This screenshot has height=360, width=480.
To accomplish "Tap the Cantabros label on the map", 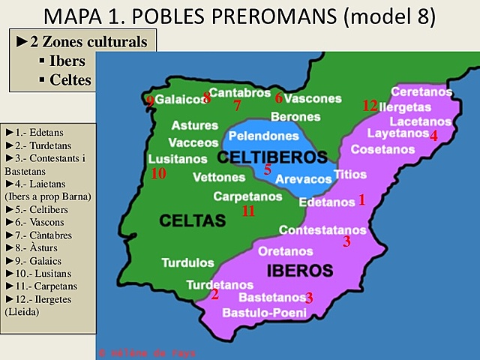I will click(x=239, y=92).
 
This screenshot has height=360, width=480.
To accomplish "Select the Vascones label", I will click(x=313, y=98).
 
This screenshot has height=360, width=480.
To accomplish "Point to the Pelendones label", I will click(x=263, y=136).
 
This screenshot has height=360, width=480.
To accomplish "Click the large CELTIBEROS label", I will click(x=273, y=157).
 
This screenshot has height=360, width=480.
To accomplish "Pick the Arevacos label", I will click(x=304, y=179).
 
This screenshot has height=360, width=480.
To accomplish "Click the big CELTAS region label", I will click(x=192, y=220).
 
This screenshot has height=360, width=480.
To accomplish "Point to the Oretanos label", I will click(x=285, y=250).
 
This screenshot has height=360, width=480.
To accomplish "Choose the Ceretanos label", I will click(x=421, y=91).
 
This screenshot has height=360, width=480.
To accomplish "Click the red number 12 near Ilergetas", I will click(x=369, y=106).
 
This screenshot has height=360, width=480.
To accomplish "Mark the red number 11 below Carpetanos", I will click(x=248, y=211).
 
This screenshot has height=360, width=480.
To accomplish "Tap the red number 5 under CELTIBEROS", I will click(x=268, y=170).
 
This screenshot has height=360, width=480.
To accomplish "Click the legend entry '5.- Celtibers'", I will click(x=35, y=209).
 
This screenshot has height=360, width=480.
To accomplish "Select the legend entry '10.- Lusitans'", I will click(x=37, y=274).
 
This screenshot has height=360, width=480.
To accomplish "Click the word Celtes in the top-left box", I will click(x=70, y=79).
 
